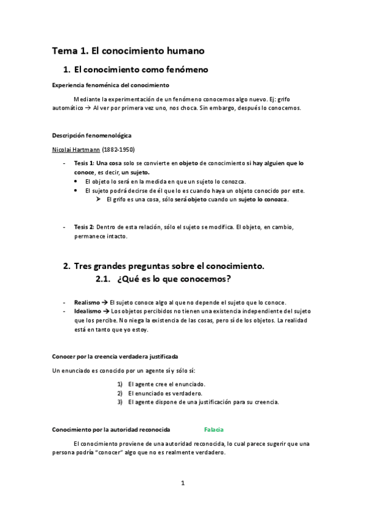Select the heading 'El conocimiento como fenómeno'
(x=141, y=70)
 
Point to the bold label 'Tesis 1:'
(x=84, y=164)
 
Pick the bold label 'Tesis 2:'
(x=84, y=227)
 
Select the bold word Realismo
(x=87, y=302)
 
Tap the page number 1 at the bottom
(x=182, y=483)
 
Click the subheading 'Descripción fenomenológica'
(x=91, y=135)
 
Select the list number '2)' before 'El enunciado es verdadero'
(x=121, y=393)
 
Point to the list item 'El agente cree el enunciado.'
(x=166, y=385)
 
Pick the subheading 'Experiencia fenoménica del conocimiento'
(x=110, y=85)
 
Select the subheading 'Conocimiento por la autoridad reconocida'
(x=110, y=430)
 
